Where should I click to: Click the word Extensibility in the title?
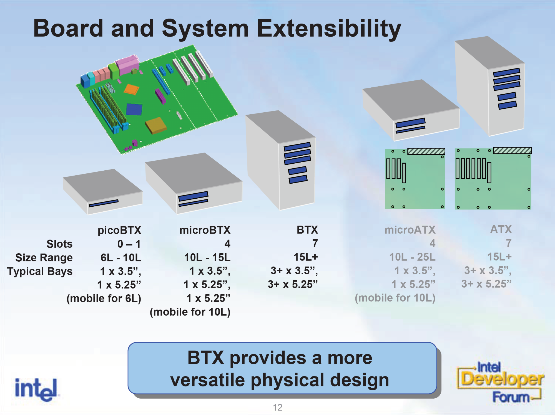point(329,29)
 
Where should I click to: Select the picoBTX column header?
point(119,230)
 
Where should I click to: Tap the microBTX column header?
point(205,230)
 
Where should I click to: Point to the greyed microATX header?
point(410,230)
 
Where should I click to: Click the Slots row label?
point(59,244)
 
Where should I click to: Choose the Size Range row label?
point(44,258)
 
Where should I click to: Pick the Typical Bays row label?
point(40,271)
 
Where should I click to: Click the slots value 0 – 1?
point(129,244)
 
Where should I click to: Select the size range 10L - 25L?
point(412,257)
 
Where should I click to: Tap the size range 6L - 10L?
point(121,257)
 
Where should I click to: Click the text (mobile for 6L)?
point(104,298)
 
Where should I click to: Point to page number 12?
point(278,407)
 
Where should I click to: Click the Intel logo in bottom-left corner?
point(36,389)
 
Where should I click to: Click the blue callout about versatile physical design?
point(282,368)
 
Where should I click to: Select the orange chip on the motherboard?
point(131,89)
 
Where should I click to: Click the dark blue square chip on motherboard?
point(134,109)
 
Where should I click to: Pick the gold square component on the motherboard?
point(156,125)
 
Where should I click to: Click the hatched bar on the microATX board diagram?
point(426,151)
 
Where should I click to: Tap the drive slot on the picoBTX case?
point(104,203)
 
